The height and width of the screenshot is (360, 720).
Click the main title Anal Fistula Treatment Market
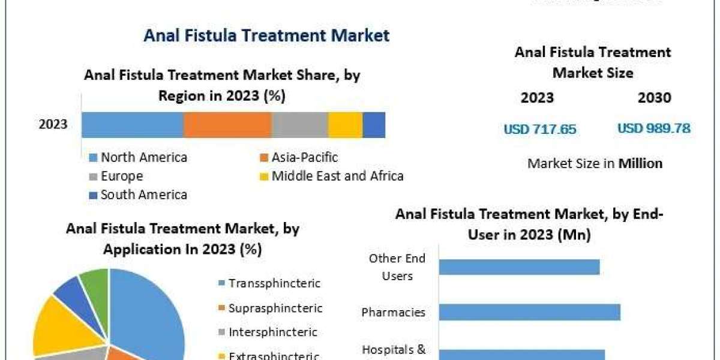click(x=266, y=35)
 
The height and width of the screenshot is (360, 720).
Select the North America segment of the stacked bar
click(x=132, y=125)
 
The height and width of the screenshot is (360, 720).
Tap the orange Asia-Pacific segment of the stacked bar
click(x=227, y=125)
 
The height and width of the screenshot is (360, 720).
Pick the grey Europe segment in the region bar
click(x=300, y=125)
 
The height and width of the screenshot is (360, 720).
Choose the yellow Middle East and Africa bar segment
click(x=346, y=125)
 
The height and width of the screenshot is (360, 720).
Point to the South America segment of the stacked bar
click(x=374, y=125)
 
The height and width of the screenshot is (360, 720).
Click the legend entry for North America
click(x=143, y=158)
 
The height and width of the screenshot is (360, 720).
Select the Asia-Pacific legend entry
click(x=304, y=158)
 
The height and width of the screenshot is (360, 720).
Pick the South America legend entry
click(x=143, y=195)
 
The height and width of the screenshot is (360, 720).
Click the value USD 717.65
click(x=540, y=129)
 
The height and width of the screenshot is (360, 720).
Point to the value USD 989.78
click(x=653, y=128)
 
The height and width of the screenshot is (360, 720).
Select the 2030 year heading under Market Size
click(x=655, y=98)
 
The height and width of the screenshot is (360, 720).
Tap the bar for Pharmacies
click(x=530, y=312)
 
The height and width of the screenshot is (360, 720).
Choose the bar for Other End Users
click(x=520, y=267)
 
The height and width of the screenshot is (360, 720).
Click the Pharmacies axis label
click(x=394, y=313)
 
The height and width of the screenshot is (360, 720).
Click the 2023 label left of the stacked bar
click(x=53, y=125)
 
